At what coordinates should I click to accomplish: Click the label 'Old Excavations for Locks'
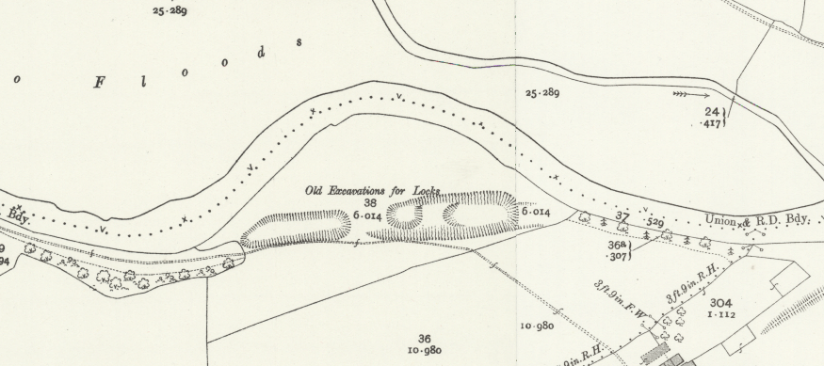(x=372, y=190)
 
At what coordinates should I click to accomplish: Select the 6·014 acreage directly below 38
(x=367, y=215)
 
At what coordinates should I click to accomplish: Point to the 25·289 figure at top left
(x=170, y=11)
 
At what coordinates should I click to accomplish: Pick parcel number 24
(x=712, y=112)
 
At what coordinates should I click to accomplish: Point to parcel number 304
(x=721, y=303)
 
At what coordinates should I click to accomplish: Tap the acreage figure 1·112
(x=721, y=315)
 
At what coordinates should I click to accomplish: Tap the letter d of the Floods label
(x=261, y=53)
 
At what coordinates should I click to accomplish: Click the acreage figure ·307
(x=619, y=255)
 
